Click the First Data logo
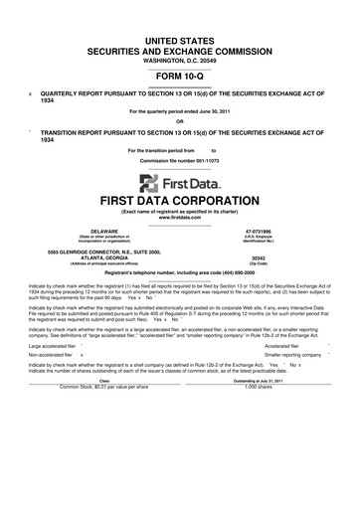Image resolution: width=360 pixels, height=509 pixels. tap(180, 182)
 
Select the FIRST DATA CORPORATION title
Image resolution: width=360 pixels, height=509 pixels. tap(180, 200)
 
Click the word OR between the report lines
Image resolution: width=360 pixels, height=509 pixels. tap(180, 122)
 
